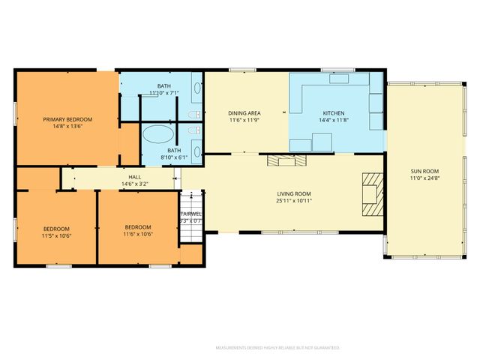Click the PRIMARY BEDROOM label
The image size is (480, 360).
67,119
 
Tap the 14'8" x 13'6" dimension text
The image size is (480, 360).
67,127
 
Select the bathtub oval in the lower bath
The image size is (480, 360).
157,136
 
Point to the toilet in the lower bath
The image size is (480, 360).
193,132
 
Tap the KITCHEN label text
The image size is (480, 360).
334,112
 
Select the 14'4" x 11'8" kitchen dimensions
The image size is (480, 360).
334,120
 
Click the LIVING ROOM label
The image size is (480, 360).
293,193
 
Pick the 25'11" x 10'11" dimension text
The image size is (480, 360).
293,201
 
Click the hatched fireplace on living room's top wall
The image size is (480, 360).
288,160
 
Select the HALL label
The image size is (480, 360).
135,177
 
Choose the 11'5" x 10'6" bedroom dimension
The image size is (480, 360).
56,235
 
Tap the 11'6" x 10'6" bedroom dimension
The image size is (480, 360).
138,235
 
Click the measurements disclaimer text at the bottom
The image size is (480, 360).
277,348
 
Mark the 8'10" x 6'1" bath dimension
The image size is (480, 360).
174,157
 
